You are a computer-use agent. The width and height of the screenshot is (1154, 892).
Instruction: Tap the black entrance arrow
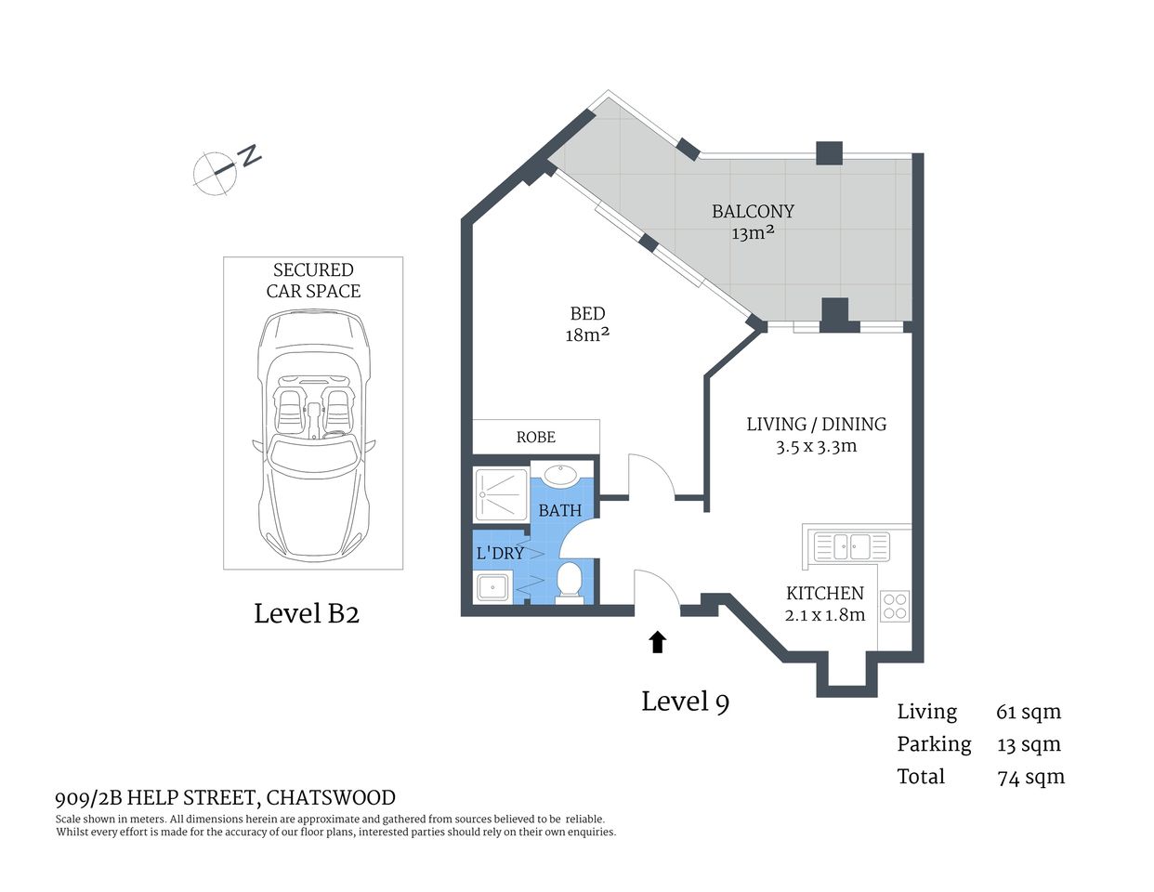click(658, 641)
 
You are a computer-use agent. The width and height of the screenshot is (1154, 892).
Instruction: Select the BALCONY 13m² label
click(753, 222)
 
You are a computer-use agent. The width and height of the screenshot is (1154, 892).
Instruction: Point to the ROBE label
click(535, 437)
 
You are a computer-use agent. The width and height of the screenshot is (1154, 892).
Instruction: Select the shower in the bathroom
click(501, 494)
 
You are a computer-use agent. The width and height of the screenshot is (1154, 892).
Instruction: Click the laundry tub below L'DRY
click(492, 588)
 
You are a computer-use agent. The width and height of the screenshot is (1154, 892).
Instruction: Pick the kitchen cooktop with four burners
click(894, 607)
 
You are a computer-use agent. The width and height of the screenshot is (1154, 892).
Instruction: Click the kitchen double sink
click(851, 545)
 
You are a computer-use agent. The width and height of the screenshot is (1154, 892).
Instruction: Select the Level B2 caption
click(307, 613)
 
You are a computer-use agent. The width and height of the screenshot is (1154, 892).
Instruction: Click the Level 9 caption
click(685, 702)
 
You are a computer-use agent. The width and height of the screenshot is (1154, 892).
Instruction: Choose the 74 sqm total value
click(1030, 777)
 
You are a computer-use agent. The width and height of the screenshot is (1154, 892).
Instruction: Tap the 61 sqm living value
click(1028, 713)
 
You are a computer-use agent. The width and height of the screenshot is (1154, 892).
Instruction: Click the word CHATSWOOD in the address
click(332, 798)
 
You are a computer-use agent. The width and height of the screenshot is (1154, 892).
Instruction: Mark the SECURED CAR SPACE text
click(313, 281)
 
